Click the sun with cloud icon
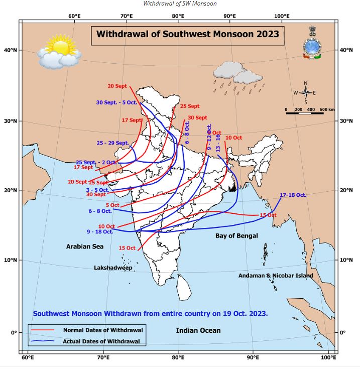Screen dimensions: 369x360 click(x=59, y=54)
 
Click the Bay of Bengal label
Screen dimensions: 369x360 click(x=236, y=235)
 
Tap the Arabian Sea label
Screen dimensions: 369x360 click(x=85, y=247)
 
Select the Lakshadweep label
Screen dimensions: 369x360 click(x=113, y=268)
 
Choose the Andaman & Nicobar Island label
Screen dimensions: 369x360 click(x=276, y=276)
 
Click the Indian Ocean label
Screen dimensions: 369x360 click(x=198, y=330)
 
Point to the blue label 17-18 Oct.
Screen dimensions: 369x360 click(x=293, y=194)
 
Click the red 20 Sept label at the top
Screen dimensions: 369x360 click(x=117, y=86)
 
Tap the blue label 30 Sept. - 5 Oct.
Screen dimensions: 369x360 click(x=116, y=102)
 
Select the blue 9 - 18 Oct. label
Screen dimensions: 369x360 click(x=100, y=231)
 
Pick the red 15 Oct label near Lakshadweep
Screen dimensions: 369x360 click(x=127, y=248)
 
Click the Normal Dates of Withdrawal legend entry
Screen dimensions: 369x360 click(x=103, y=330)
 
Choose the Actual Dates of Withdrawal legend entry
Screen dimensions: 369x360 click(x=104, y=341)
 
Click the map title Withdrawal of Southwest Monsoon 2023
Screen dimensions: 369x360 click(x=187, y=35)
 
